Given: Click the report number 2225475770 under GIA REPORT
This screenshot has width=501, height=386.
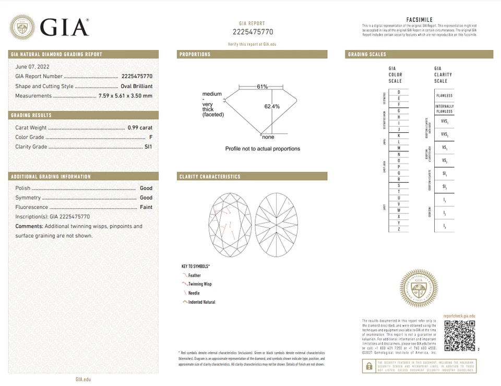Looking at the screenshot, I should point(253,32).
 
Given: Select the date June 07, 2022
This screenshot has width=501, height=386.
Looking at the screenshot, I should point(31,67).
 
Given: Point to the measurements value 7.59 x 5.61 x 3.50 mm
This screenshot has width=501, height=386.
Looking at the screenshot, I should point(125,96).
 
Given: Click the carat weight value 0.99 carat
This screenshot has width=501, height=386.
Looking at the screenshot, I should point(140,128).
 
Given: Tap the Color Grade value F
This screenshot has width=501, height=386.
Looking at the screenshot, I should point(151,137).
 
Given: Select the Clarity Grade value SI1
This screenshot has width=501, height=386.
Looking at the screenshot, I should point(148,147).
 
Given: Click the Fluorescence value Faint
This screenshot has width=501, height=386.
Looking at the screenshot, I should point(146,207).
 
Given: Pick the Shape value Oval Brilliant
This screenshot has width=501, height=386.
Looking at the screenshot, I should point(135,86).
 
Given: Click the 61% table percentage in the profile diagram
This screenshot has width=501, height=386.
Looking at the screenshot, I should point(262,86).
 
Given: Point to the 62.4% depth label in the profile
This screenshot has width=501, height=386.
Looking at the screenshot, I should point(272,106).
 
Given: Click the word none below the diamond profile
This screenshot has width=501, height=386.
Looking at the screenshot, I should point(268,137).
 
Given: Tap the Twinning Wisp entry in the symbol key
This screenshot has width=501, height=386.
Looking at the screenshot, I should point(200,284).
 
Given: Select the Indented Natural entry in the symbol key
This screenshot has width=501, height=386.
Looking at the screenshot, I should point(201,302).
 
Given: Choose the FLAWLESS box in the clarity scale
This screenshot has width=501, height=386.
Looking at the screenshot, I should point(444,96).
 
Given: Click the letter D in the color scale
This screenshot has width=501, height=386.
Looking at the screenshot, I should point(398,92).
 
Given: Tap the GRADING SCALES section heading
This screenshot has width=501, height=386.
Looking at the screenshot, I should point(367,54).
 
